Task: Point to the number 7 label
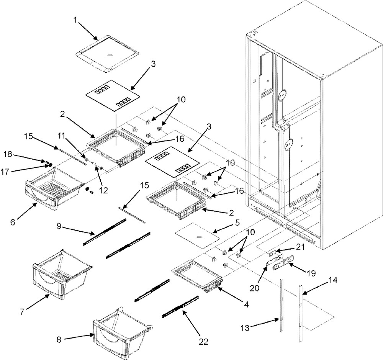23,312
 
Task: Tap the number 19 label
311,273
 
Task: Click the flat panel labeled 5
197,237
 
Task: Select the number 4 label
246,305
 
